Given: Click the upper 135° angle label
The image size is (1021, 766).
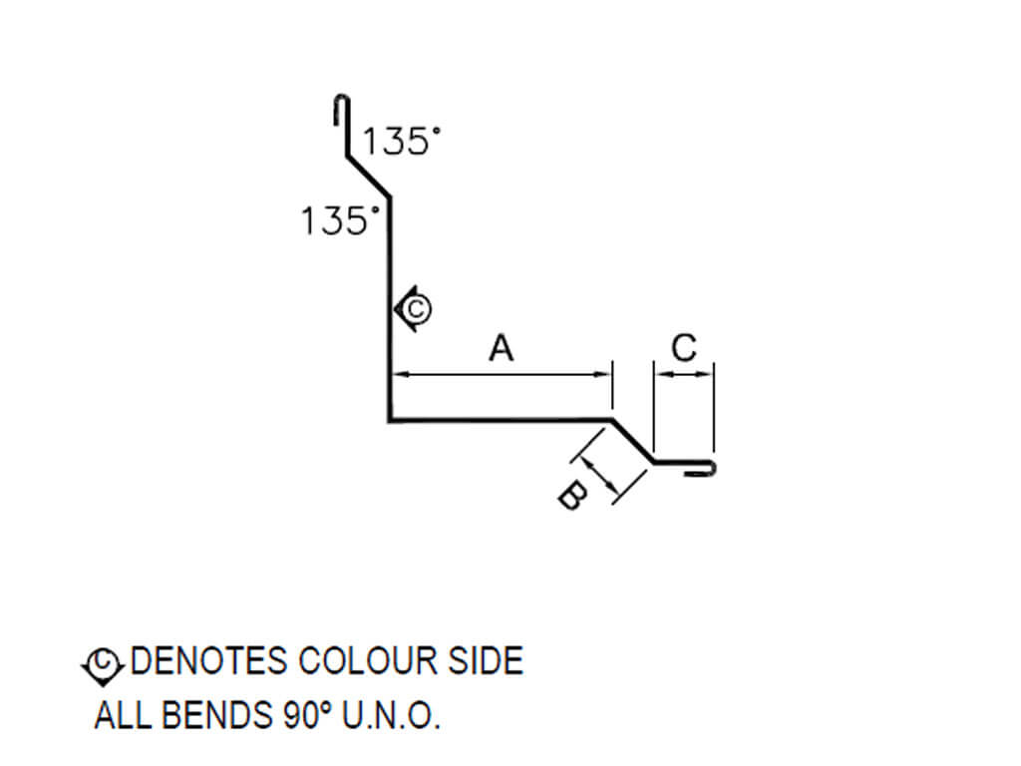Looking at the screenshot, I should click(400, 142).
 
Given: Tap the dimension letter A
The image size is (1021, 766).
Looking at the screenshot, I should click(501, 349).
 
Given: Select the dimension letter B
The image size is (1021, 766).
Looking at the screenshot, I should click(569, 495).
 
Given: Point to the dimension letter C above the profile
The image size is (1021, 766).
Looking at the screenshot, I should click(684, 348).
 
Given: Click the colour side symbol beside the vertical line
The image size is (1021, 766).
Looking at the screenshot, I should click(413, 308).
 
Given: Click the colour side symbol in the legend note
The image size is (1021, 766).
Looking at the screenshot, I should click(103, 662).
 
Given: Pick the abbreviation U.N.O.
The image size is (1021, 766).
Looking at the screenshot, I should click(390, 717).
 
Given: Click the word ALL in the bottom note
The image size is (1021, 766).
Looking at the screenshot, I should click(119, 717).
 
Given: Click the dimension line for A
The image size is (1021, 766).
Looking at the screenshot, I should click(501, 375).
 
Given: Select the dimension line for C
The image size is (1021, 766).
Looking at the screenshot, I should click(684, 375).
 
